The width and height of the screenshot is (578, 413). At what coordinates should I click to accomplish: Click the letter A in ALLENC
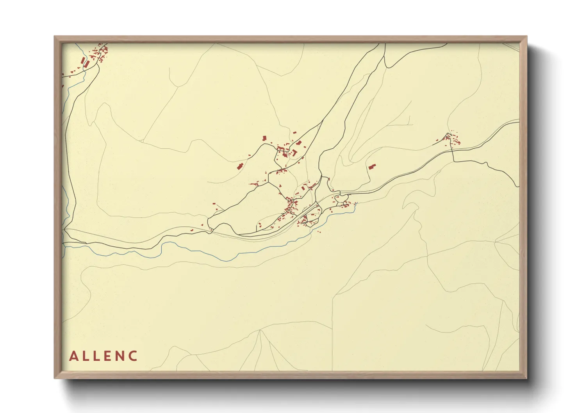click(73, 356)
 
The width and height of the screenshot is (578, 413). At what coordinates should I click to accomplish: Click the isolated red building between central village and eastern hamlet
click(371, 167)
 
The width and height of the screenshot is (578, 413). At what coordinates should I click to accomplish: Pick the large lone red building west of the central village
click(240, 166)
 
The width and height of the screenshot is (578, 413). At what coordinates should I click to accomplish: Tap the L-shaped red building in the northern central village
click(294, 152)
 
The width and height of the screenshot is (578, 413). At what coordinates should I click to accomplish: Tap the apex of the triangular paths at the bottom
click(260, 330)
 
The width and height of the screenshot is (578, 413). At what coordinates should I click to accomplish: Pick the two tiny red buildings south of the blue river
click(319, 232)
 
